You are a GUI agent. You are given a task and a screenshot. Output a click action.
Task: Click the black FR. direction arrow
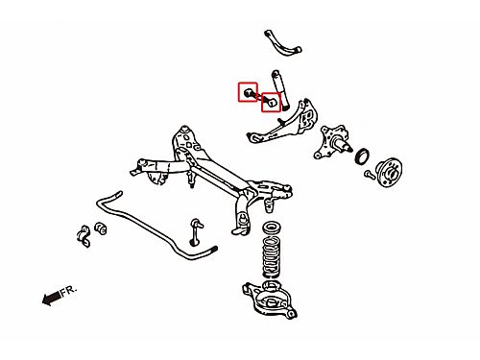click(x=51, y=298)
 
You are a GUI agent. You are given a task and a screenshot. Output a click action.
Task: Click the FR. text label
click(x=69, y=291)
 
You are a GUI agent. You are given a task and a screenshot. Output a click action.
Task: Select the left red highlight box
click(x=248, y=91)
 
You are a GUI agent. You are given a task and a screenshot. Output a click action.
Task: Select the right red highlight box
click(x=271, y=102)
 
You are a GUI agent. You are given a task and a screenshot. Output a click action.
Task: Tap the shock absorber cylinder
click(x=280, y=88)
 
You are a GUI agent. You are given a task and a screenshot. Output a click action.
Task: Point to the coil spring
click(x=272, y=257)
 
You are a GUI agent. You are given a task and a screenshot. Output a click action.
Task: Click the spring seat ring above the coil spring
click(x=272, y=228)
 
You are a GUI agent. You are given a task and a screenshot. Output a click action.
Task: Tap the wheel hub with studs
click(x=388, y=172)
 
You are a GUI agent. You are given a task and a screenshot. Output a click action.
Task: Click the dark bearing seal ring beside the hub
click(x=362, y=156)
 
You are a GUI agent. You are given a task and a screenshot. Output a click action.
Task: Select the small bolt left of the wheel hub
click(x=369, y=174)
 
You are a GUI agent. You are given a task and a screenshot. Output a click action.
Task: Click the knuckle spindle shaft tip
click(x=349, y=149)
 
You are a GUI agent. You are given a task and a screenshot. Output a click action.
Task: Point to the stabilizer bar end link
click(x=196, y=231)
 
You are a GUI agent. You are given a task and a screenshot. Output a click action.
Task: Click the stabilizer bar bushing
click(x=101, y=228)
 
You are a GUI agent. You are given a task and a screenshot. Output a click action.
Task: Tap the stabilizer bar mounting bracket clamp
click(x=84, y=236)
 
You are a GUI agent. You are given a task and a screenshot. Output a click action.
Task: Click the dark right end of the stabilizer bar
click(x=213, y=250)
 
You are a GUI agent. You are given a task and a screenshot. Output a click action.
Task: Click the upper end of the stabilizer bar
click(x=118, y=194)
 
